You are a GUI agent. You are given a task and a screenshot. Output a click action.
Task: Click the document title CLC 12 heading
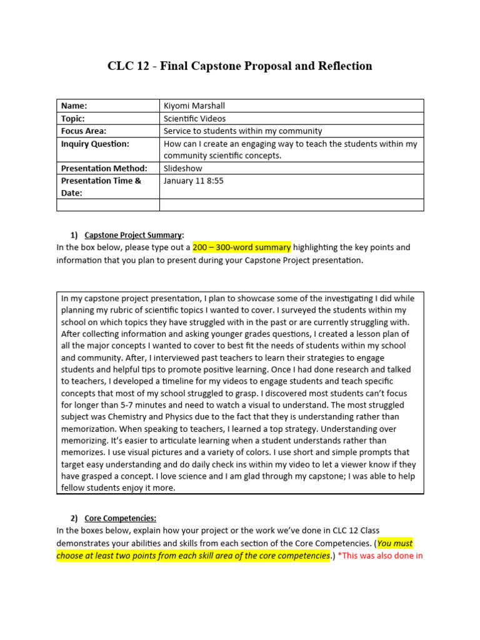pyautogui.click(x=240, y=66)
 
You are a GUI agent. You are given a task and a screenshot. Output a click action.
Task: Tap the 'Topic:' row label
pyautogui.click(x=72, y=118)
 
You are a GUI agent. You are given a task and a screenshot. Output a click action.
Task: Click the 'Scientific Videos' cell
pyautogui.click(x=194, y=118)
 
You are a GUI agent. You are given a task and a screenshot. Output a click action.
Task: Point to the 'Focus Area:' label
pyautogui.click(x=84, y=131)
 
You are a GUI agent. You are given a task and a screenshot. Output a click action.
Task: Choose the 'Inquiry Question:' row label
pyautogui.click(x=95, y=144)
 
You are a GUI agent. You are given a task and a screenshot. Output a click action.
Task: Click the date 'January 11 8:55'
pyautogui.click(x=193, y=181)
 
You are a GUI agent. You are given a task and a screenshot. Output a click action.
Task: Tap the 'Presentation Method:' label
pyautogui.click(x=104, y=168)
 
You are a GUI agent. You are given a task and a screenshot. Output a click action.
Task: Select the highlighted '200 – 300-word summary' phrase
pyautogui.click(x=241, y=247)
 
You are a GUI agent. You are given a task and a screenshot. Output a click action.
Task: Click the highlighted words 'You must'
pyautogui.click(x=395, y=543)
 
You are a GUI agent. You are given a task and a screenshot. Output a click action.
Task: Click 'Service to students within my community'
pyautogui.click(x=242, y=131)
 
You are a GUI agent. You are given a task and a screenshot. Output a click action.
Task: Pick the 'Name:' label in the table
pyautogui.click(x=74, y=106)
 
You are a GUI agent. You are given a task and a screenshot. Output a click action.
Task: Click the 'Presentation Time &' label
pyautogui.click(x=101, y=181)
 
